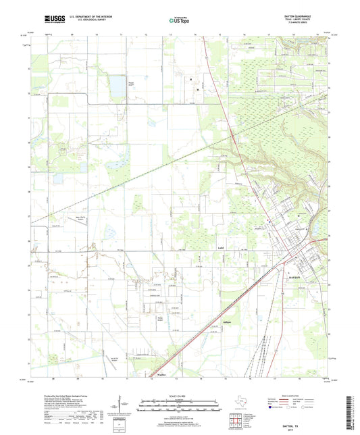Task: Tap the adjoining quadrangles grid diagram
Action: click(236, 420)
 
